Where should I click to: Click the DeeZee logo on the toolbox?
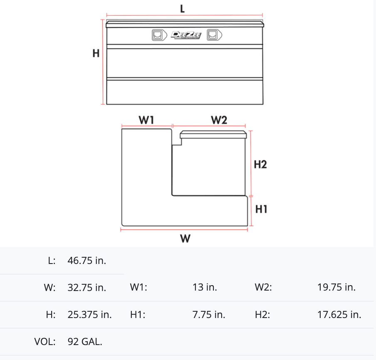pyautogui.click(x=186, y=35)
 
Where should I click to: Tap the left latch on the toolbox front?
pyautogui.click(x=159, y=35)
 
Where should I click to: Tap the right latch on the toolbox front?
pyautogui.click(x=214, y=35)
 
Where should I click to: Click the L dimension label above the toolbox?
pyautogui.click(x=183, y=9)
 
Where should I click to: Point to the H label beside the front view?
pyautogui.click(x=96, y=53)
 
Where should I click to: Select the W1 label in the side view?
pyautogui.click(x=146, y=120)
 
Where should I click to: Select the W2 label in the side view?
pyautogui.click(x=219, y=120)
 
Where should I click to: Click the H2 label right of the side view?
pyautogui.click(x=260, y=165)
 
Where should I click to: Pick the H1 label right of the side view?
pyautogui.click(x=261, y=209)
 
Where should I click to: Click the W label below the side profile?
pyautogui.click(x=186, y=239)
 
